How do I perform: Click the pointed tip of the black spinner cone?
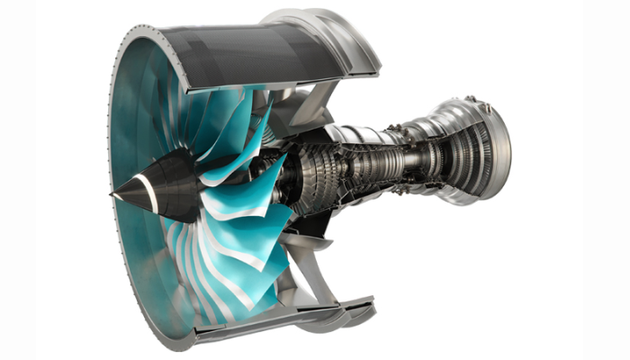[x=113, y=192]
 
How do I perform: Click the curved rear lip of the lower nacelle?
[x=355, y=310]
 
